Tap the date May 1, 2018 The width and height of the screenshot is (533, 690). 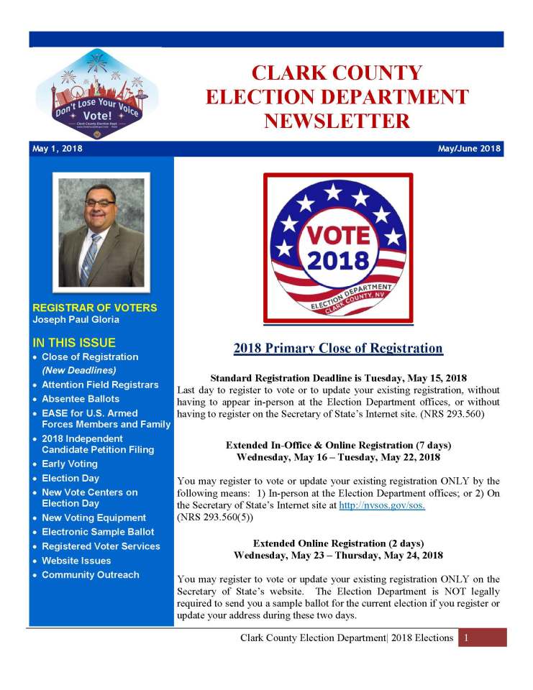pyautogui.click(x=58, y=149)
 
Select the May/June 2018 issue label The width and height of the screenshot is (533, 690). pyautogui.click(x=469, y=149)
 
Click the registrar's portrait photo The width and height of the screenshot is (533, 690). pyautogui.click(x=101, y=231)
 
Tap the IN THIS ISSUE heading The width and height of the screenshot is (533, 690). pyautogui.click(x=74, y=342)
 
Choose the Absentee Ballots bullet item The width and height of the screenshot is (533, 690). pyautogui.click(x=81, y=399)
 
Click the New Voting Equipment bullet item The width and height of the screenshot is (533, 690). pyautogui.click(x=94, y=517)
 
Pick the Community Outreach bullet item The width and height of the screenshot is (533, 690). pyautogui.click(x=90, y=575)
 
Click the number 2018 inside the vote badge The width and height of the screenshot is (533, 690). pyautogui.click(x=338, y=261)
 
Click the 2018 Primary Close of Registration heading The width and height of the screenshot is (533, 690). pyautogui.click(x=338, y=349)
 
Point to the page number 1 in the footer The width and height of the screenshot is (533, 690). pyautogui.click(x=467, y=638)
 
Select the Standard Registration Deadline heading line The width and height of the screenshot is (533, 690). pyautogui.click(x=338, y=377)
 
